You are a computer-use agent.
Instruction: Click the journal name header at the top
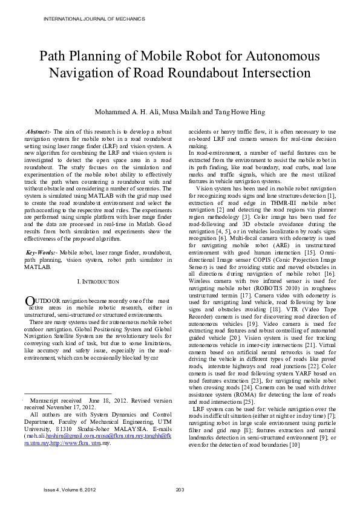tap(94, 19)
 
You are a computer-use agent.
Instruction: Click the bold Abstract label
tap(39, 131)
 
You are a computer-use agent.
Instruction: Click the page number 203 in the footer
tap(180, 490)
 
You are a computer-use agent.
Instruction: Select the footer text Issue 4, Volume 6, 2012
tap(70, 490)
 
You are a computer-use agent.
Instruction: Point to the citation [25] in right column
tap(249, 402)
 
